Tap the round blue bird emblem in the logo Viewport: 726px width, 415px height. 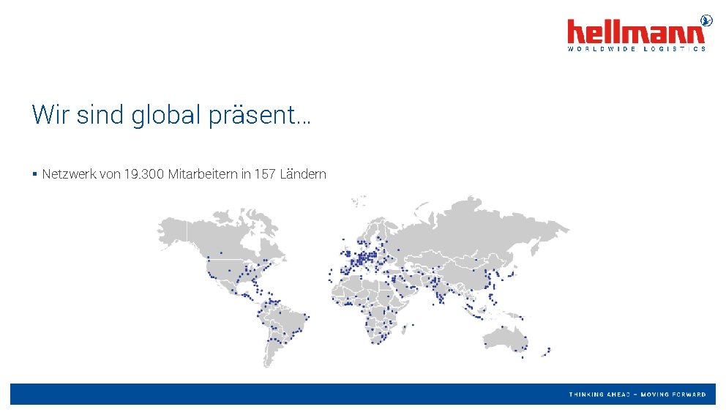tap(706, 20)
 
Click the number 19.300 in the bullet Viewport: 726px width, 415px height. tap(144, 174)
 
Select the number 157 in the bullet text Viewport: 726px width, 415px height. tap(265, 174)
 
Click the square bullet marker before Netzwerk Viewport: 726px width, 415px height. tap(34, 174)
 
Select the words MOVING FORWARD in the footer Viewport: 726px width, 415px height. tap(673, 395)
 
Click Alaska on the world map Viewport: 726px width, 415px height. tap(172, 231)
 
